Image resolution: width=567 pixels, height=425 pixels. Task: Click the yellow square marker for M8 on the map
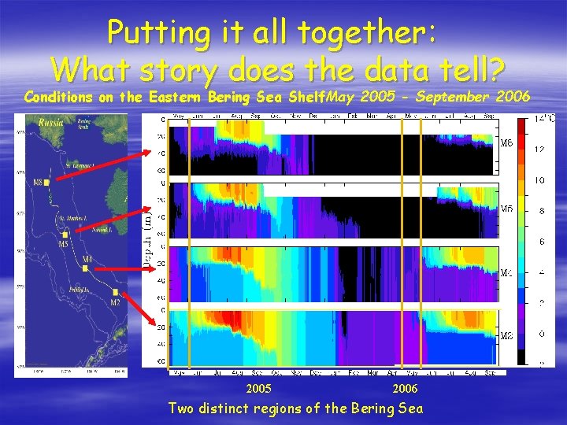47,183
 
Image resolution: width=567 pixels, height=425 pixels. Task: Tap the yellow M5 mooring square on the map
65,234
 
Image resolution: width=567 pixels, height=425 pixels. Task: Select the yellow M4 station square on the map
84,268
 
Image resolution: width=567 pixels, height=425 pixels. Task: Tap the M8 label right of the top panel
508,144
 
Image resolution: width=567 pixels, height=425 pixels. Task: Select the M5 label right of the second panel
508,209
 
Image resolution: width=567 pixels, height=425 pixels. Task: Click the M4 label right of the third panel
508,273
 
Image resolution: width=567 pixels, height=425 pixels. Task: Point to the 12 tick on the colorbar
540,150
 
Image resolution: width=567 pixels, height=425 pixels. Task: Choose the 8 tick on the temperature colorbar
540,211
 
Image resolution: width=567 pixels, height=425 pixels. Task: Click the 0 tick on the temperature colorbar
540,333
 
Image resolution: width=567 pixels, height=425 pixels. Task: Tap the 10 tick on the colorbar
540,180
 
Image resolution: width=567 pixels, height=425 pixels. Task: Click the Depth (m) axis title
146,236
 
